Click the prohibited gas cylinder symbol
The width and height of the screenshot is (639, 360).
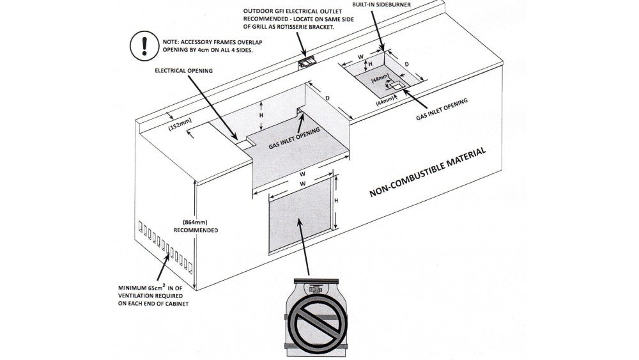pos(318,318)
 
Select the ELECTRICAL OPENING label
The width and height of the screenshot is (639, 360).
pos(184,71)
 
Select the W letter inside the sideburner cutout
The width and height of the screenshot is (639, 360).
pos(361,57)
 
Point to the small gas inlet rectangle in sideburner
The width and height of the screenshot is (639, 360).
pos(394,84)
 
